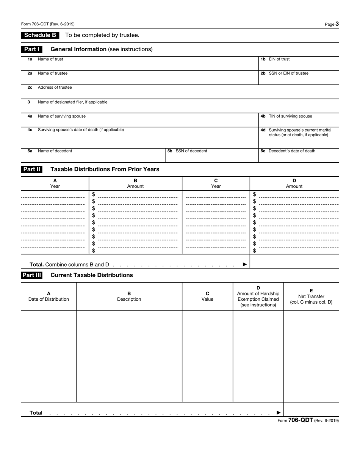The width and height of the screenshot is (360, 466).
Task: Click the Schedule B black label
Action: (x=40, y=35)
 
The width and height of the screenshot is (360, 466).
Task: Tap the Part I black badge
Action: (x=31, y=49)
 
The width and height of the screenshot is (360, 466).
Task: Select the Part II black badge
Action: (x=31, y=169)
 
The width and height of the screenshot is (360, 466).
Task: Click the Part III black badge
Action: (x=31, y=275)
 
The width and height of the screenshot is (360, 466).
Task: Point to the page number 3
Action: (x=337, y=24)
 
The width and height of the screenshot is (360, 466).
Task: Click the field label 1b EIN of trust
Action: (x=275, y=59)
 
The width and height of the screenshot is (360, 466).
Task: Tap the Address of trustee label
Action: (x=55, y=87)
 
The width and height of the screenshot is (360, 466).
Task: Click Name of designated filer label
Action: (x=72, y=102)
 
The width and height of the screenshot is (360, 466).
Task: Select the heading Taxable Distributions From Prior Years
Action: (x=105, y=169)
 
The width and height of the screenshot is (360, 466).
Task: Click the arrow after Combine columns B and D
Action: (x=244, y=264)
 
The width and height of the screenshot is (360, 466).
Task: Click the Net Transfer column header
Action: (x=311, y=297)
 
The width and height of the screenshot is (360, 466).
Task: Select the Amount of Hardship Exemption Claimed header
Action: (x=258, y=296)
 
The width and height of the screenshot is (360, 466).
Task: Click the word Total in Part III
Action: (x=36, y=413)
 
